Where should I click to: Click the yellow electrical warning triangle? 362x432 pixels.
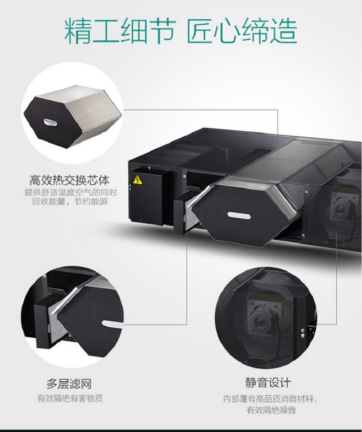pos(137,179)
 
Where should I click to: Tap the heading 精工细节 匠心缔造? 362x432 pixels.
pos(181,31)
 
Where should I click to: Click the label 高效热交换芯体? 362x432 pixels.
pos(70,180)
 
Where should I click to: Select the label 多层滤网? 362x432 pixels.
pos(69,384)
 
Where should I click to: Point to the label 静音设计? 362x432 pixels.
pos(268,383)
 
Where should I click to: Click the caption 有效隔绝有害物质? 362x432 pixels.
pos(70,398)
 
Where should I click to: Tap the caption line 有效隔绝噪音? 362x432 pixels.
pos(271,410)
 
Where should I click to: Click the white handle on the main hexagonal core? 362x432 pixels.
pos(239,215)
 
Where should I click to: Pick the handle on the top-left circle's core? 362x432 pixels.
pos(50,122)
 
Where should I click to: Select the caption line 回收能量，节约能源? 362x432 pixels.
pos(70,201)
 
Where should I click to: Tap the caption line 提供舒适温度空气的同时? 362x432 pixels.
pos(71,192)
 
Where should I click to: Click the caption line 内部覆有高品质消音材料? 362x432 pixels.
pos(270,399)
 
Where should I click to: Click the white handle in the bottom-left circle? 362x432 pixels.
pos(111,324)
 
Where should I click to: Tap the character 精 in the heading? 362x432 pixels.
pos(78,31)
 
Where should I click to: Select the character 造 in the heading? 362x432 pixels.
pos(284,31)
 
